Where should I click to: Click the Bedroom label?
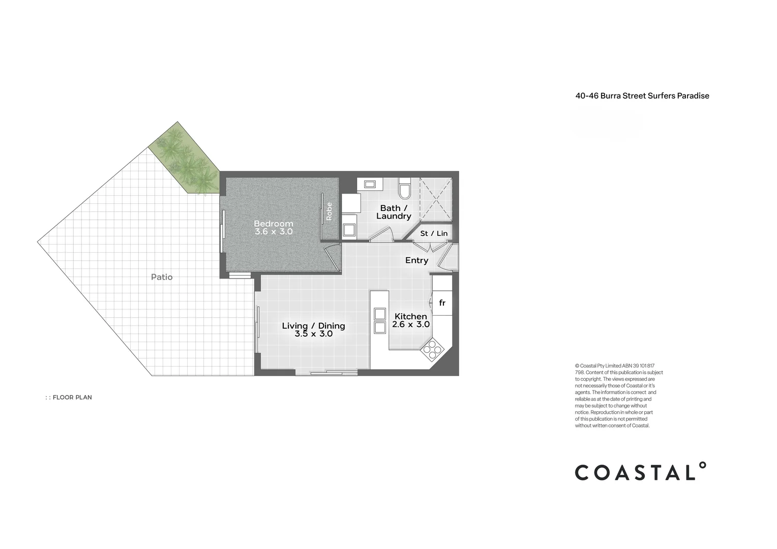pyautogui.click(x=274, y=224)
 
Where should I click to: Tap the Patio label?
pyautogui.click(x=162, y=277)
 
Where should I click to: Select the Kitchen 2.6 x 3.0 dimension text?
pyautogui.click(x=411, y=324)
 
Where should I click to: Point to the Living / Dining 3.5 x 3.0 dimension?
pyautogui.click(x=314, y=333)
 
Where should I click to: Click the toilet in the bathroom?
pyautogui.click(x=404, y=188)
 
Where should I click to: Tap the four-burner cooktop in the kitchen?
pyautogui.click(x=432, y=350)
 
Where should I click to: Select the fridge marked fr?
pyautogui.click(x=442, y=303)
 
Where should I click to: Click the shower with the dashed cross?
pyautogui.click(x=436, y=199)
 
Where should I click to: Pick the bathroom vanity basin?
pyautogui.click(x=370, y=184)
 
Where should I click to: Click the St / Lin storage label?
pyautogui.click(x=434, y=233)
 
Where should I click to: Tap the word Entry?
pyautogui.click(x=416, y=260)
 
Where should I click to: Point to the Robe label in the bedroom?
pyautogui.click(x=329, y=211)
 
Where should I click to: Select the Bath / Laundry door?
pyautogui.click(x=381, y=234)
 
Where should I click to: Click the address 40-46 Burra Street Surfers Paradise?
pyautogui.click(x=642, y=96)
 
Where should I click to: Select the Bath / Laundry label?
pyautogui.click(x=394, y=212)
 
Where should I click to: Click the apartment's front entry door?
pyautogui.click(x=447, y=257)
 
